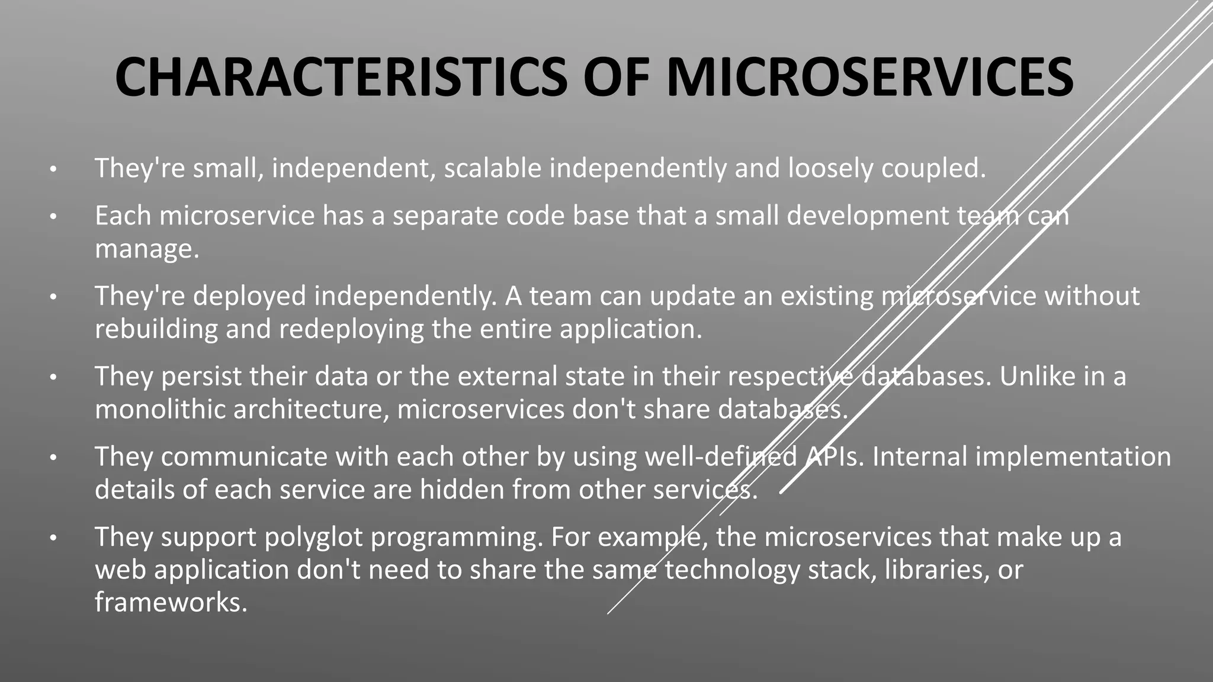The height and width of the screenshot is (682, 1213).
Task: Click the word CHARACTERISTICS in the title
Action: [x=341, y=77]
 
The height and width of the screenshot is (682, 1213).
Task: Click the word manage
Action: [x=146, y=249]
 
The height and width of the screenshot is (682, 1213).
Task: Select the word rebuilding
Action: [x=156, y=330]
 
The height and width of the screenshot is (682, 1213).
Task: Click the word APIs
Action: [x=834, y=457]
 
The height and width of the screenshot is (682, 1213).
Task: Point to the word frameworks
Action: [x=171, y=603]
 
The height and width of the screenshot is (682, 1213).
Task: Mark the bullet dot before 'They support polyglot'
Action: [x=53, y=538]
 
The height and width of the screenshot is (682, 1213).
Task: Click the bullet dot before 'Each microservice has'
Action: [x=53, y=217]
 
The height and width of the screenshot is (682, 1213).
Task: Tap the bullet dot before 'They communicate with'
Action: [x=53, y=458]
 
